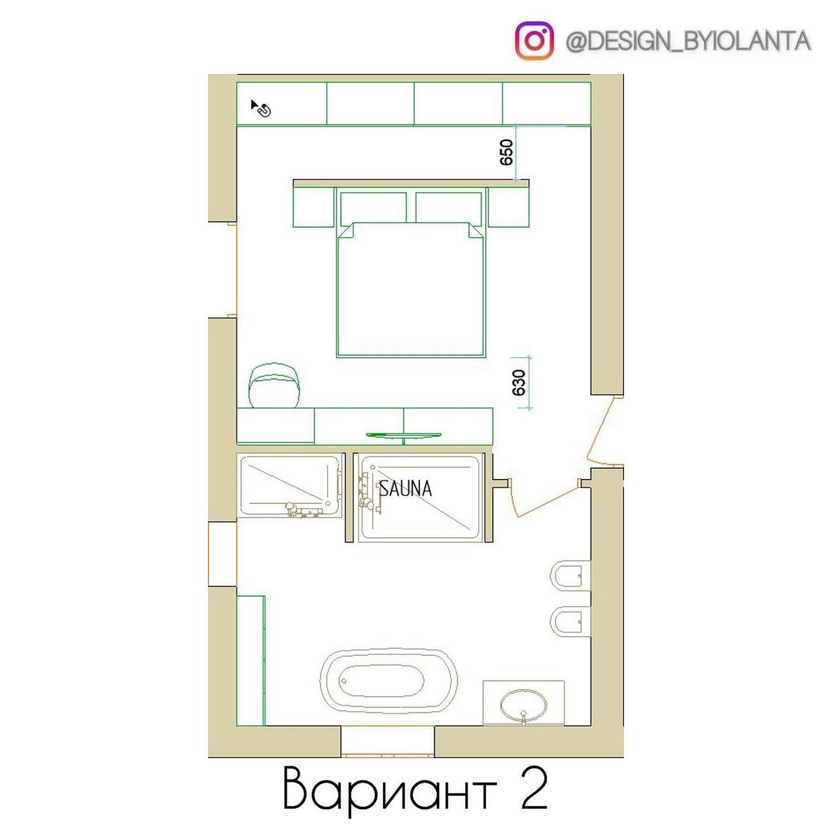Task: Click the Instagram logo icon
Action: (535, 41)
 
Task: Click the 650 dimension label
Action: (506, 153)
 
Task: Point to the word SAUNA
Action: (405, 488)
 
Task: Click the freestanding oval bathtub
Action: (388, 680)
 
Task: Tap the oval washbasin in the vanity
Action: (523, 703)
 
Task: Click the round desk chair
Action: (274, 385)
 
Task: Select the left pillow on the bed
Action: (373, 207)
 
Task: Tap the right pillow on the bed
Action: (448, 207)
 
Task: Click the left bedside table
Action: (314, 208)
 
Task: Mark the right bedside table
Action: (508, 208)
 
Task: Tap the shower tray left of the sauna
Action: (290, 485)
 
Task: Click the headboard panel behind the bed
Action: (411, 183)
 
